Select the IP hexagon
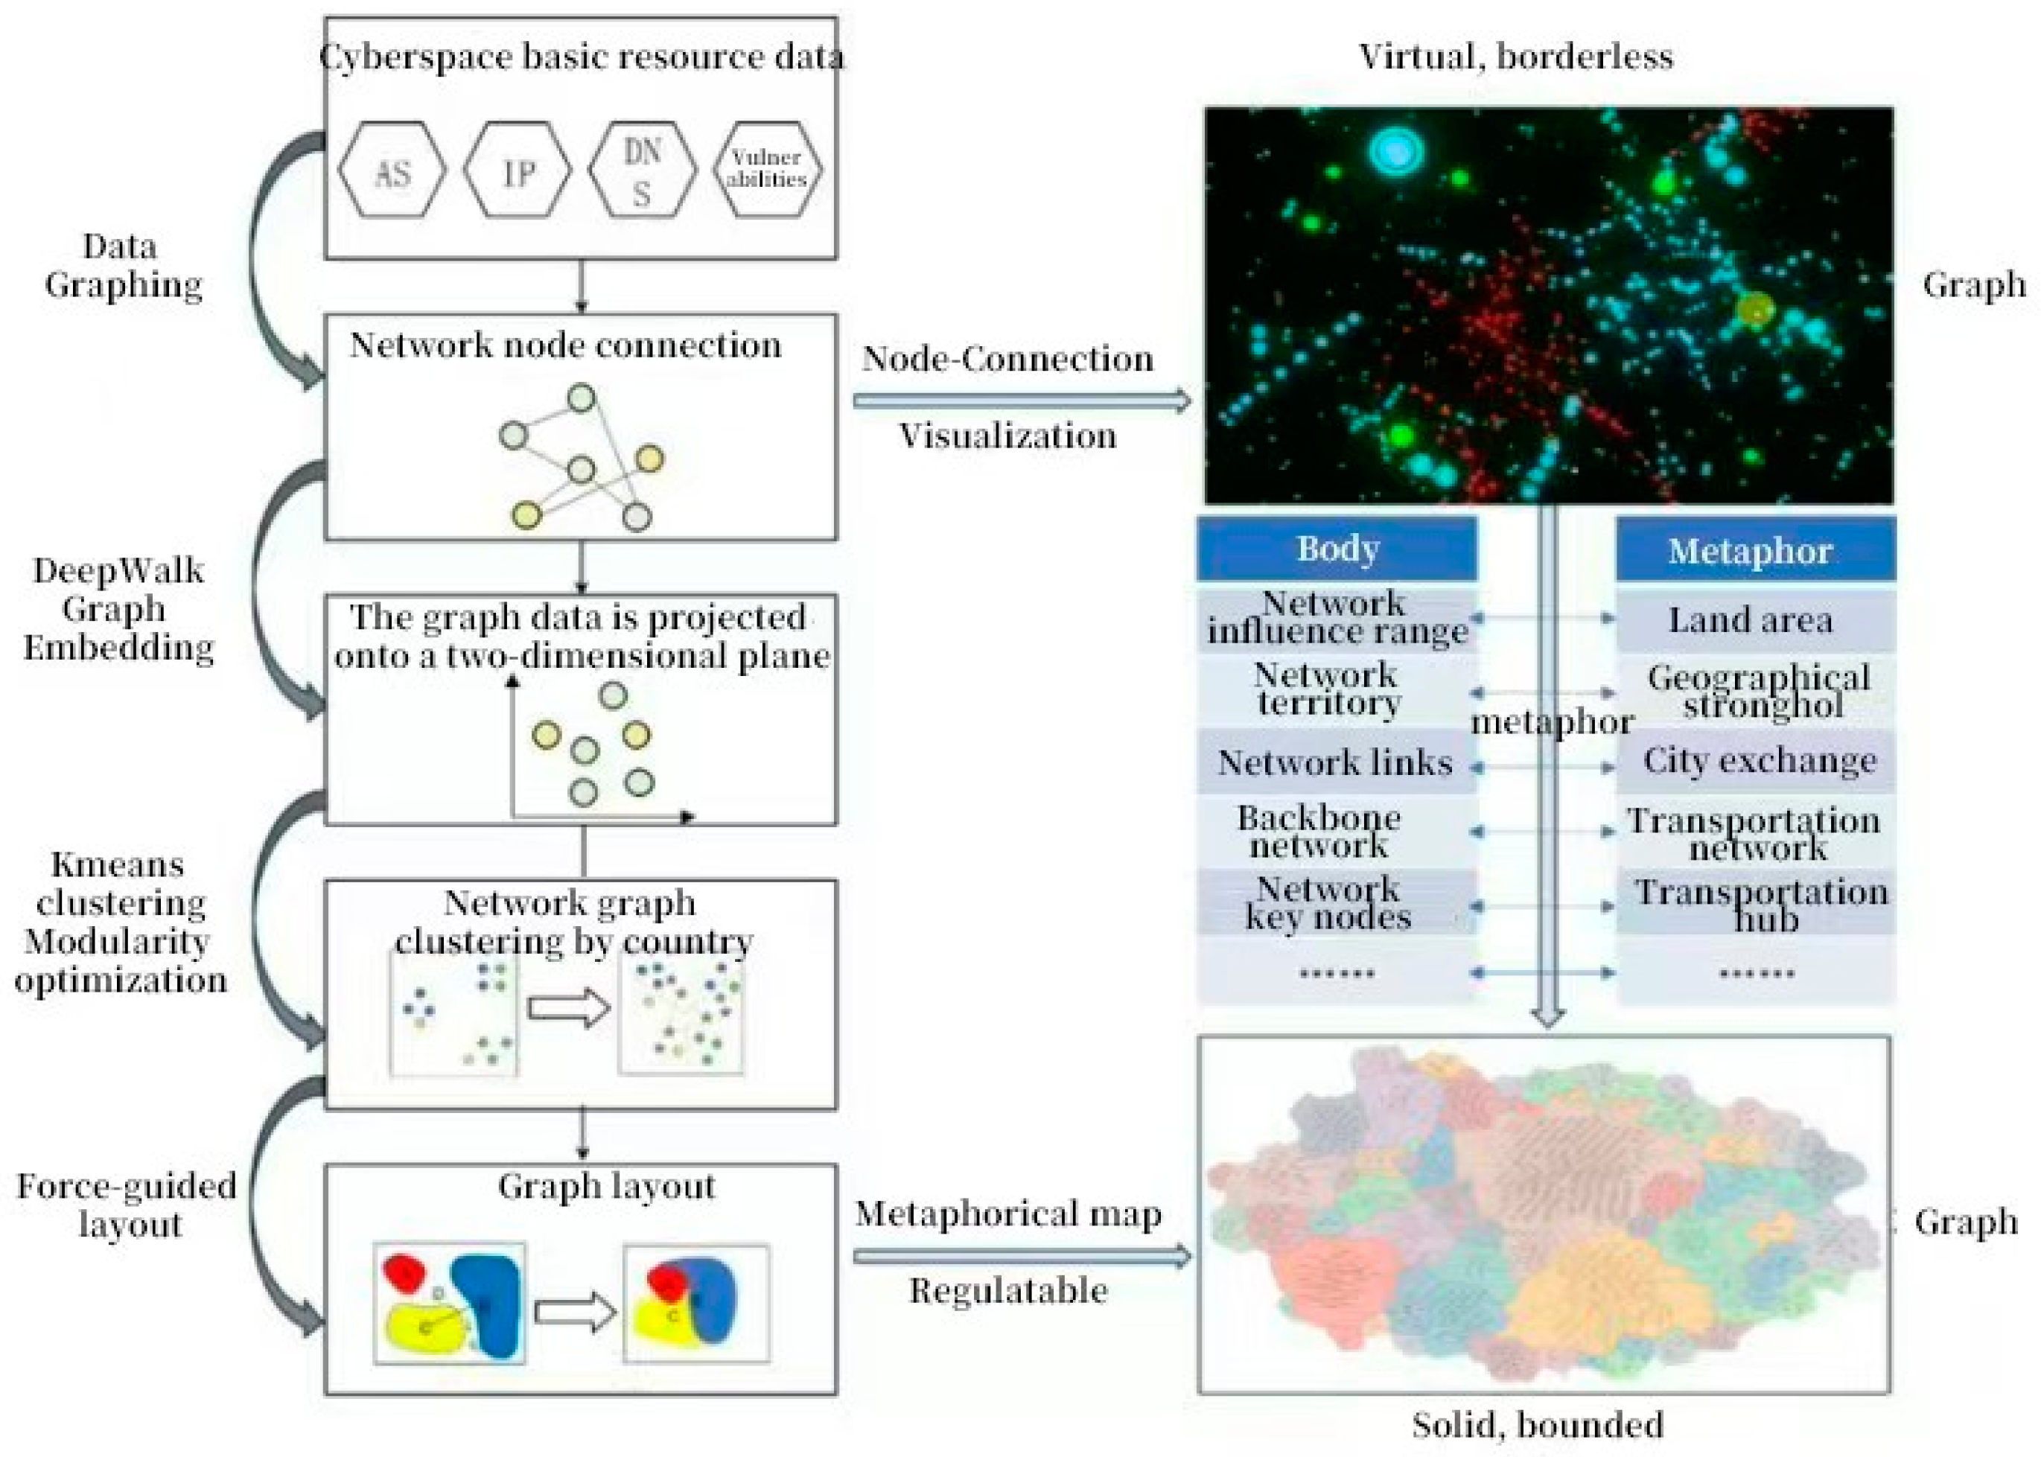pos(517,170)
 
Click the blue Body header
pos(1336,548)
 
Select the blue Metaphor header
pos(1755,550)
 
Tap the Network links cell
pos(1334,762)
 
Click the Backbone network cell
pos(1319,832)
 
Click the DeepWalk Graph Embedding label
pos(118,608)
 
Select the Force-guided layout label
pos(127,1204)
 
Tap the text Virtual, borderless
pos(1515,57)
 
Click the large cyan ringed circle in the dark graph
pos(1396,150)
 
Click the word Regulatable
pos(1007,1290)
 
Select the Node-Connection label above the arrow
pos(1007,359)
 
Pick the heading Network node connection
pos(565,345)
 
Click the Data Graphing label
pos(122,266)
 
